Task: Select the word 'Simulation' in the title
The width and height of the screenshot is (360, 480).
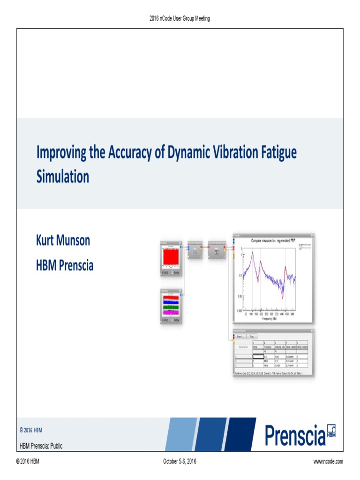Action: (x=62, y=177)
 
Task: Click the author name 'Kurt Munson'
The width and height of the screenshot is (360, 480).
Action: (x=63, y=241)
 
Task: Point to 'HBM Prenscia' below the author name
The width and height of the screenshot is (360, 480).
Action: (x=65, y=265)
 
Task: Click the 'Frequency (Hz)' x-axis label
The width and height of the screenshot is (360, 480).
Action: (x=269, y=318)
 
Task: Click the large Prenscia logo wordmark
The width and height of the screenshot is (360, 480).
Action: (x=295, y=435)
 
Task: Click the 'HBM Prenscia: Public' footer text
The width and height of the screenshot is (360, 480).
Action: (x=41, y=446)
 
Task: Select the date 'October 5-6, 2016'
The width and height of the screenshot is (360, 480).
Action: (x=180, y=462)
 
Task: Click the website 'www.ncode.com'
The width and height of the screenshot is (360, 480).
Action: (x=328, y=462)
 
